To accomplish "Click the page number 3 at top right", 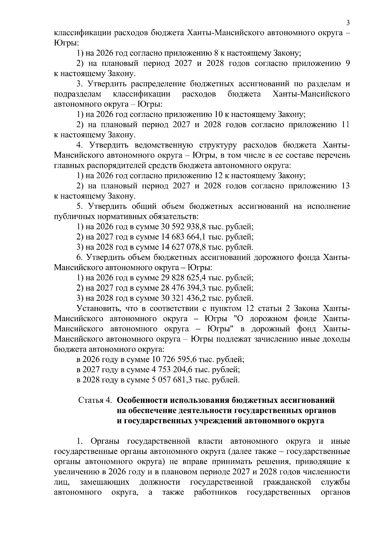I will coord(348,23).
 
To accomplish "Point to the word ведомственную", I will coord(164,145).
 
